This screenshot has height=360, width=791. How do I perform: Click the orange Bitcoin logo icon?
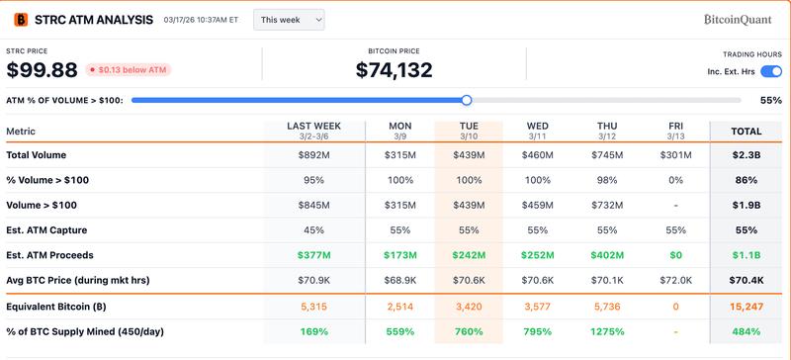tap(19, 20)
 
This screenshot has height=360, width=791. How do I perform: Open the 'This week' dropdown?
tap(289, 19)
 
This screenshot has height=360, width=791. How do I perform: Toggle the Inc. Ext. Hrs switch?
tap(771, 71)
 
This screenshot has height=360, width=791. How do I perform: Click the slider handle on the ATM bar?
tap(467, 100)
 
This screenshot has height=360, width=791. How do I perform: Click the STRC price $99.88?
tap(43, 69)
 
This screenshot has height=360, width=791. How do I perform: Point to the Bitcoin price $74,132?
tap(394, 69)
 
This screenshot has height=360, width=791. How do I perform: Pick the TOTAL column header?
tap(746, 131)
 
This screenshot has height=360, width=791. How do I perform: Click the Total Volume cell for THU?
tap(607, 154)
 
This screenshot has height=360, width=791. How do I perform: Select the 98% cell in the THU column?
tap(607, 179)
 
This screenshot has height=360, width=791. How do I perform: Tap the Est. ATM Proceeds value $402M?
tap(607, 255)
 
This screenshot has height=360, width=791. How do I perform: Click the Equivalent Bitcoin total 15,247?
tap(746, 306)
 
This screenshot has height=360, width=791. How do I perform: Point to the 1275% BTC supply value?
tap(607, 331)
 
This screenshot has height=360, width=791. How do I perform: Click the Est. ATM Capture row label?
tap(49, 229)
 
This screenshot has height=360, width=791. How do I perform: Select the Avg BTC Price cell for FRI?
tap(676, 280)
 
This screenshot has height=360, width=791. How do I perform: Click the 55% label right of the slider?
tap(770, 100)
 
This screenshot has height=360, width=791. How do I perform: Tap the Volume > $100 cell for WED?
tap(538, 205)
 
